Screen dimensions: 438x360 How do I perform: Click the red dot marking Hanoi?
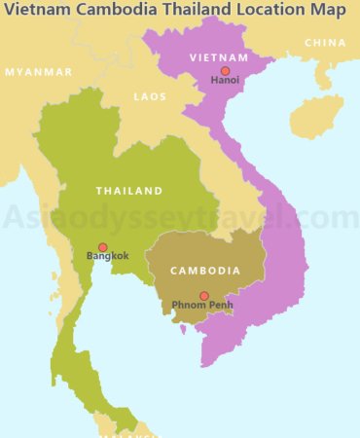(x=225, y=71)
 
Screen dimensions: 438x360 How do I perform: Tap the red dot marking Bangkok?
(x=102, y=247)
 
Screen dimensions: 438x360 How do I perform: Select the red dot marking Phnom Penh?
(x=203, y=296)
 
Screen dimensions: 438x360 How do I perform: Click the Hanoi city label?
(x=225, y=82)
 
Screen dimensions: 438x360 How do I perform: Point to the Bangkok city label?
(x=107, y=257)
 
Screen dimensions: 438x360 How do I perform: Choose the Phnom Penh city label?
(x=203, y=307)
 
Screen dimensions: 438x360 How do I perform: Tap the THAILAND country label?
(x=128, y=191)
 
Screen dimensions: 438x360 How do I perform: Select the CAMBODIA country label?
(x=205, y=271)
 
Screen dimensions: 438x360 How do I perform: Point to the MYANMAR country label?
(x=38, y=72)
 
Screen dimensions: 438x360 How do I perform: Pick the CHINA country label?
(x=325, y=43)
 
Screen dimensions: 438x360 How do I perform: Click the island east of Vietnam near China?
(x=315, y=115)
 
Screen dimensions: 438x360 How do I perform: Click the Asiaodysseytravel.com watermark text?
(x=180, y=217)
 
